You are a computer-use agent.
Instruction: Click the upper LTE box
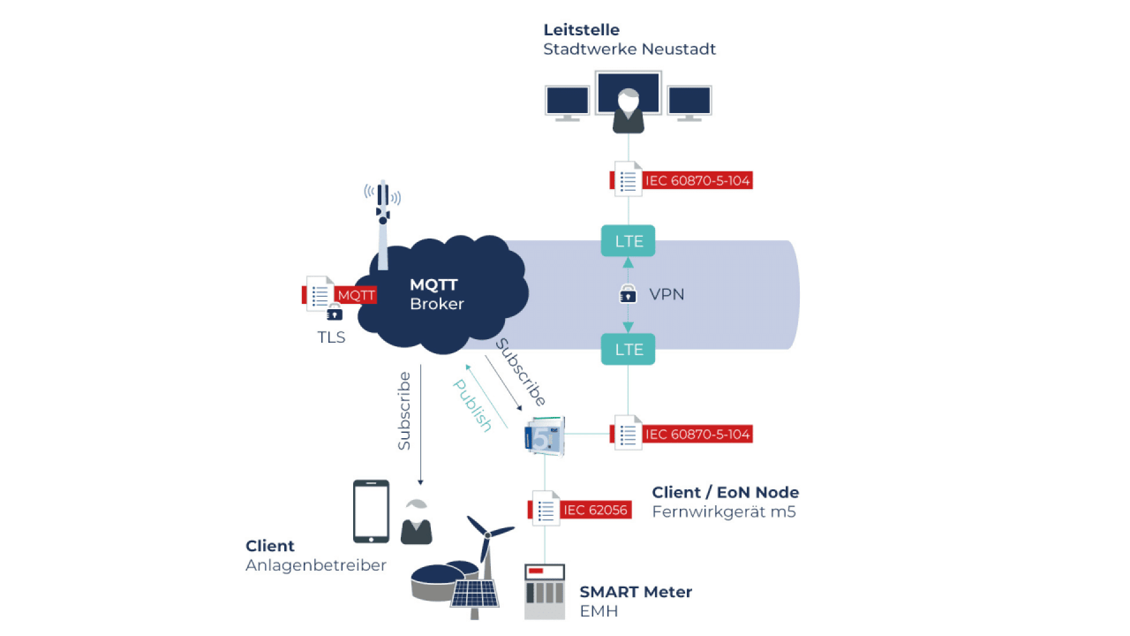click(628, 241)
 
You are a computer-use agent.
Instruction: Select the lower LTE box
click(628, 349)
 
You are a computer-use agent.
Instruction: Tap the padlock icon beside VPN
click(628, 293)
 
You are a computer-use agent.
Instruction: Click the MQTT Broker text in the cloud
click(437, 294)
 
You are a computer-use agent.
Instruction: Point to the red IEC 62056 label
click(595, 510)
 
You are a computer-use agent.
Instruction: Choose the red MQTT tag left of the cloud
click(355, 295)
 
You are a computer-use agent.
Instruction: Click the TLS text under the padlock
click(331, 337)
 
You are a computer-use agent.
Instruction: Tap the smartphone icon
click(371, 511)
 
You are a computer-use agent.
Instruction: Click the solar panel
click(475, 594)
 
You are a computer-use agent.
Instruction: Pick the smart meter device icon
click(544, 591)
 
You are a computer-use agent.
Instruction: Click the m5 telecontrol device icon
click(544, 436)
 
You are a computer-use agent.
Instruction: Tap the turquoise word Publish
click(472, 405)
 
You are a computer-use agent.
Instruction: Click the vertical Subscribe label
click(404, 411)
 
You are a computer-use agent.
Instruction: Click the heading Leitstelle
click(581, 29)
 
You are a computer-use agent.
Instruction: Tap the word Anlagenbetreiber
click(315, 565)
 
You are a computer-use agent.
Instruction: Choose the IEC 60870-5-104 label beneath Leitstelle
click(697, 181)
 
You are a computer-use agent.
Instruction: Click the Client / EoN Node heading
click(725, 492)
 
